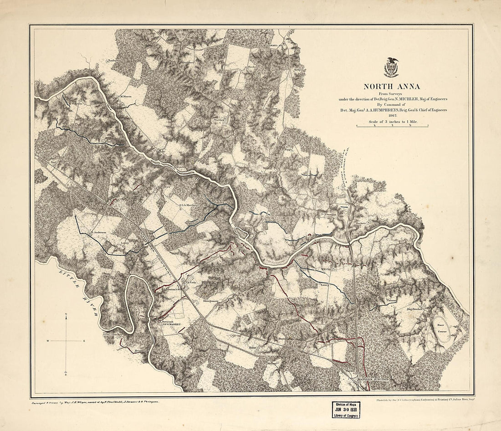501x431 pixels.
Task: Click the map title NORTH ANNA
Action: (392, 87)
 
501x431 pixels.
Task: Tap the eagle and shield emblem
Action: (391, 67)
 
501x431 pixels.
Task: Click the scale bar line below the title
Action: (392, 127)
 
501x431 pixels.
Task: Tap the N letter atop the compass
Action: (66, 315)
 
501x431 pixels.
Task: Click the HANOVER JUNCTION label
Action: (372, 380)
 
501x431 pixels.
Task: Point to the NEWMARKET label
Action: (168, 325)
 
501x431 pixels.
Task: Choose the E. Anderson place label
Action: (98, 232)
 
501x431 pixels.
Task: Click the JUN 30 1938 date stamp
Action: (346, 409)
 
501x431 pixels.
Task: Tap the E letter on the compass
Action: (84, 341)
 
